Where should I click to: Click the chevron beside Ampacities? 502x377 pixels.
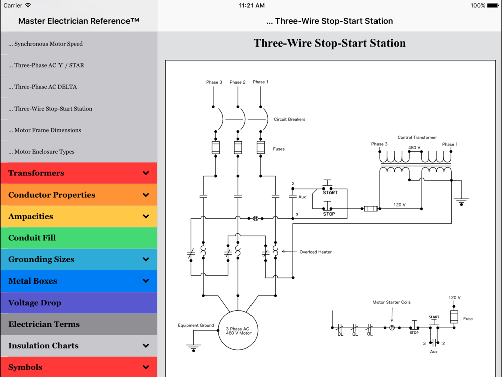coord(146,217)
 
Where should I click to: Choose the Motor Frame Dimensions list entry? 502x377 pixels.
coord(48,130)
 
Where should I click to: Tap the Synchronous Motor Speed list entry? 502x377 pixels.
coord(48,44)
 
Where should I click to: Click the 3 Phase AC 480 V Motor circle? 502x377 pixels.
coord(238,332)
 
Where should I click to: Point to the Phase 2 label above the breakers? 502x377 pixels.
coord(238,82)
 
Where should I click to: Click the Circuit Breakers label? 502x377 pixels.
coord(289,120)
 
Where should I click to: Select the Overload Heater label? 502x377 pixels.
coord(315,252)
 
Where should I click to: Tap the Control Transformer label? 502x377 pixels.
coord(417,137)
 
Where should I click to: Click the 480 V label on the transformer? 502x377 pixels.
coord(414,148)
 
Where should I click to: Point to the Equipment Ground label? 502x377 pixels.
coord(196,325)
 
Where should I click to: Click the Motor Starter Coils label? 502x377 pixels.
coord(392,302)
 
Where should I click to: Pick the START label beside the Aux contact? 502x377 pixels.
coord(330,193)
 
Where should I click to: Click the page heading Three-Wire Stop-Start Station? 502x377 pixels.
coord(329,43)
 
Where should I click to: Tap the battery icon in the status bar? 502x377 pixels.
coord(494,6)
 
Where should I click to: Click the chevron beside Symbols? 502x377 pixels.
coord(146,367)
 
